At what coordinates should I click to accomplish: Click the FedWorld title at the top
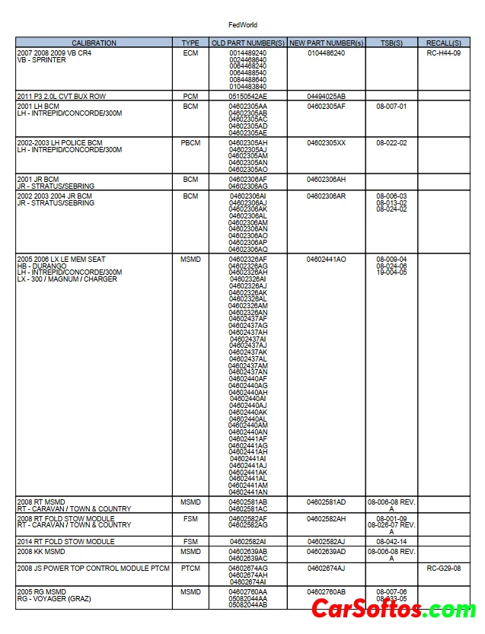242,25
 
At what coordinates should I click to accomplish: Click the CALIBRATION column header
94,43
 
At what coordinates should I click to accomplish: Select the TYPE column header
190,43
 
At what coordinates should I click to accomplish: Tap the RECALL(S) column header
444,43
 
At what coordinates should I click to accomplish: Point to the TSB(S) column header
391,43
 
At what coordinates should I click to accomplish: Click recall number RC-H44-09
444,53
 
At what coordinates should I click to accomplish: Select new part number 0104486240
326,53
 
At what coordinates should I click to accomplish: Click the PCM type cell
190,97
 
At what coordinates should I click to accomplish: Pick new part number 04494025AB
326,97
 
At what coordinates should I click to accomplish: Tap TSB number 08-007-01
391,107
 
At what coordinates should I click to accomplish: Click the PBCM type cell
190,143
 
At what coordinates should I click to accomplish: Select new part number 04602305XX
326,143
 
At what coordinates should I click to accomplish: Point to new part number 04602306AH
326,179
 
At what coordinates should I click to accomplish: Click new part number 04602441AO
326,260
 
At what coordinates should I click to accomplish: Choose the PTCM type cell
190,569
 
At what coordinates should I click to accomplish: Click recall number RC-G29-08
444,569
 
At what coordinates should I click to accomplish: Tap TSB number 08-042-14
391,542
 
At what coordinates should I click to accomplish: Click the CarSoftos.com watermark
394,609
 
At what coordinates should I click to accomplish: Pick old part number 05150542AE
247,97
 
